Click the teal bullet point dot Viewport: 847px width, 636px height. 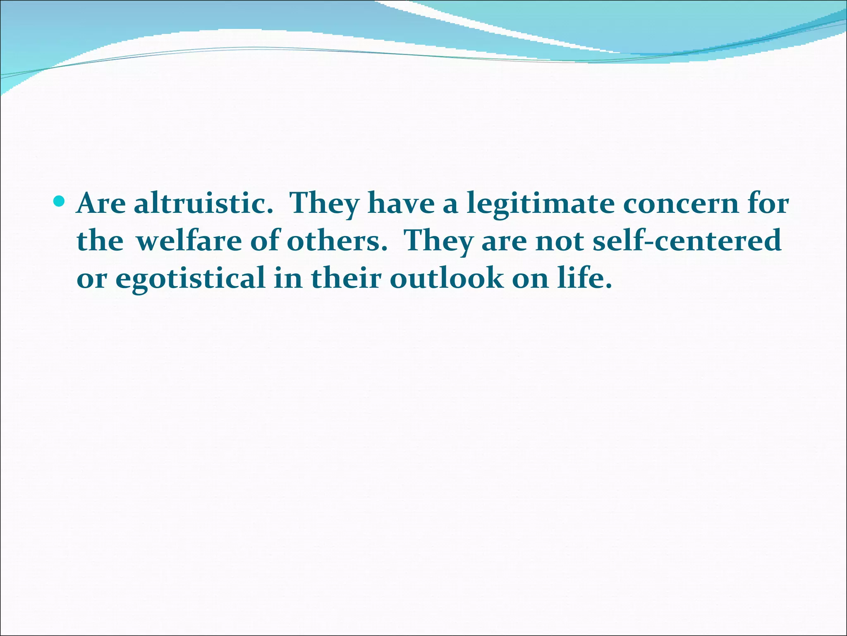pos(60,202)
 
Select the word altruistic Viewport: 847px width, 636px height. pos(203,203)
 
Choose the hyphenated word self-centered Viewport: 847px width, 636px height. pos(687,241)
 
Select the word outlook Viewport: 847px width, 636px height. pos(447,278)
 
